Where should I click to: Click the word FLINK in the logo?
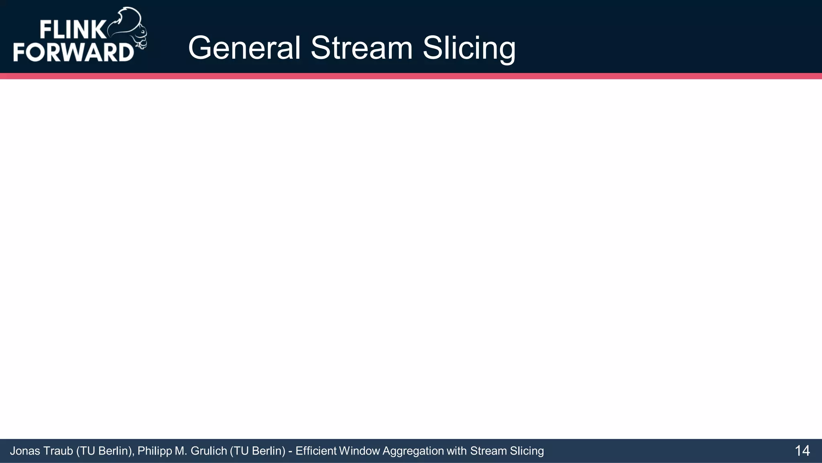point(72,30)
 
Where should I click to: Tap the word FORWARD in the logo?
point(73,52)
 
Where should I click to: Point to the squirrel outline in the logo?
point(130,28)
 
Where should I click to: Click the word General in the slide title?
point(244,48)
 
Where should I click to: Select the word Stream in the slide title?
point(362,48)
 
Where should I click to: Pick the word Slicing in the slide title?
point(469,49)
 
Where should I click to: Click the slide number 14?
point(802,451)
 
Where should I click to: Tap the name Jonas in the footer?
point(25,451)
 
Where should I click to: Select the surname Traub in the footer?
point(58,451)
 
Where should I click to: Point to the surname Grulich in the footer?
point(209,451)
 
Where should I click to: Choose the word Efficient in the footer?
point(316,451)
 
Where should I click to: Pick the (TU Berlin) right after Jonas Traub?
point(105,451)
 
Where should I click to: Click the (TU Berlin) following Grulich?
point(257,451)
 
